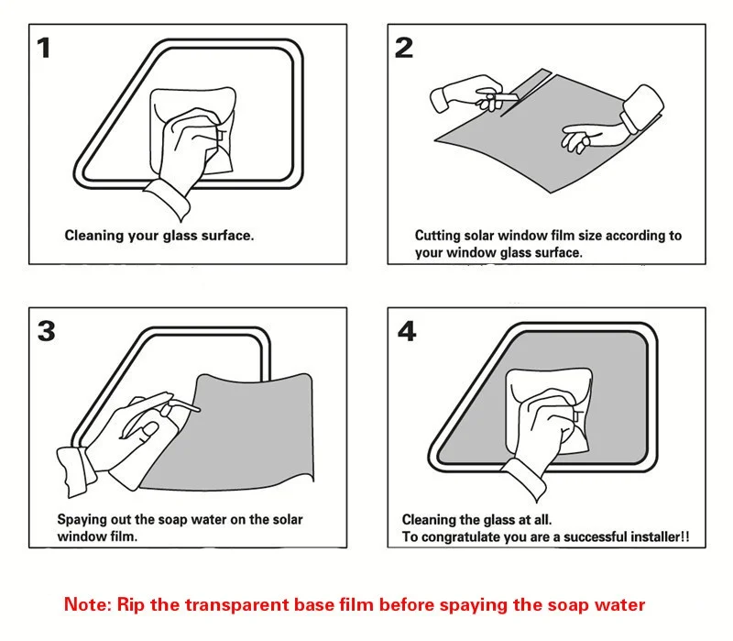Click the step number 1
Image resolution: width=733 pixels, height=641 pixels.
pyautogui.click(x=44, y=49)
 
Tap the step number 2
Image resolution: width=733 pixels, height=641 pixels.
pyautogui.click(x=404, y=49)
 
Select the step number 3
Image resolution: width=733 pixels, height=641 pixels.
pyautogui.click(x=47, y=331)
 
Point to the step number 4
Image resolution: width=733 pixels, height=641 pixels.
pyautogui.click(x=407, y=331)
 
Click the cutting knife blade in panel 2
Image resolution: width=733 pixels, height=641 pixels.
pyautogui.click(x=508, y=97)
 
